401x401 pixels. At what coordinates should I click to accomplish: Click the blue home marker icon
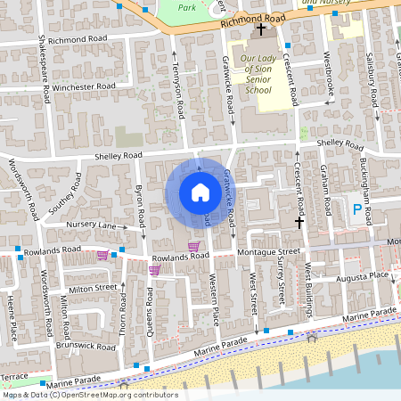(x=200, y=192)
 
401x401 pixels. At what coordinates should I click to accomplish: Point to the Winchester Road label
(x=84, y=86)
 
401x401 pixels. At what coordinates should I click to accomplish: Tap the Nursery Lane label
(x=92, y=226)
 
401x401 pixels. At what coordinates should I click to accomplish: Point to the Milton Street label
(x=93, y=289)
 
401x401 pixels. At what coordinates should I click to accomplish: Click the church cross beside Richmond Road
(x=261, y=30)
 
